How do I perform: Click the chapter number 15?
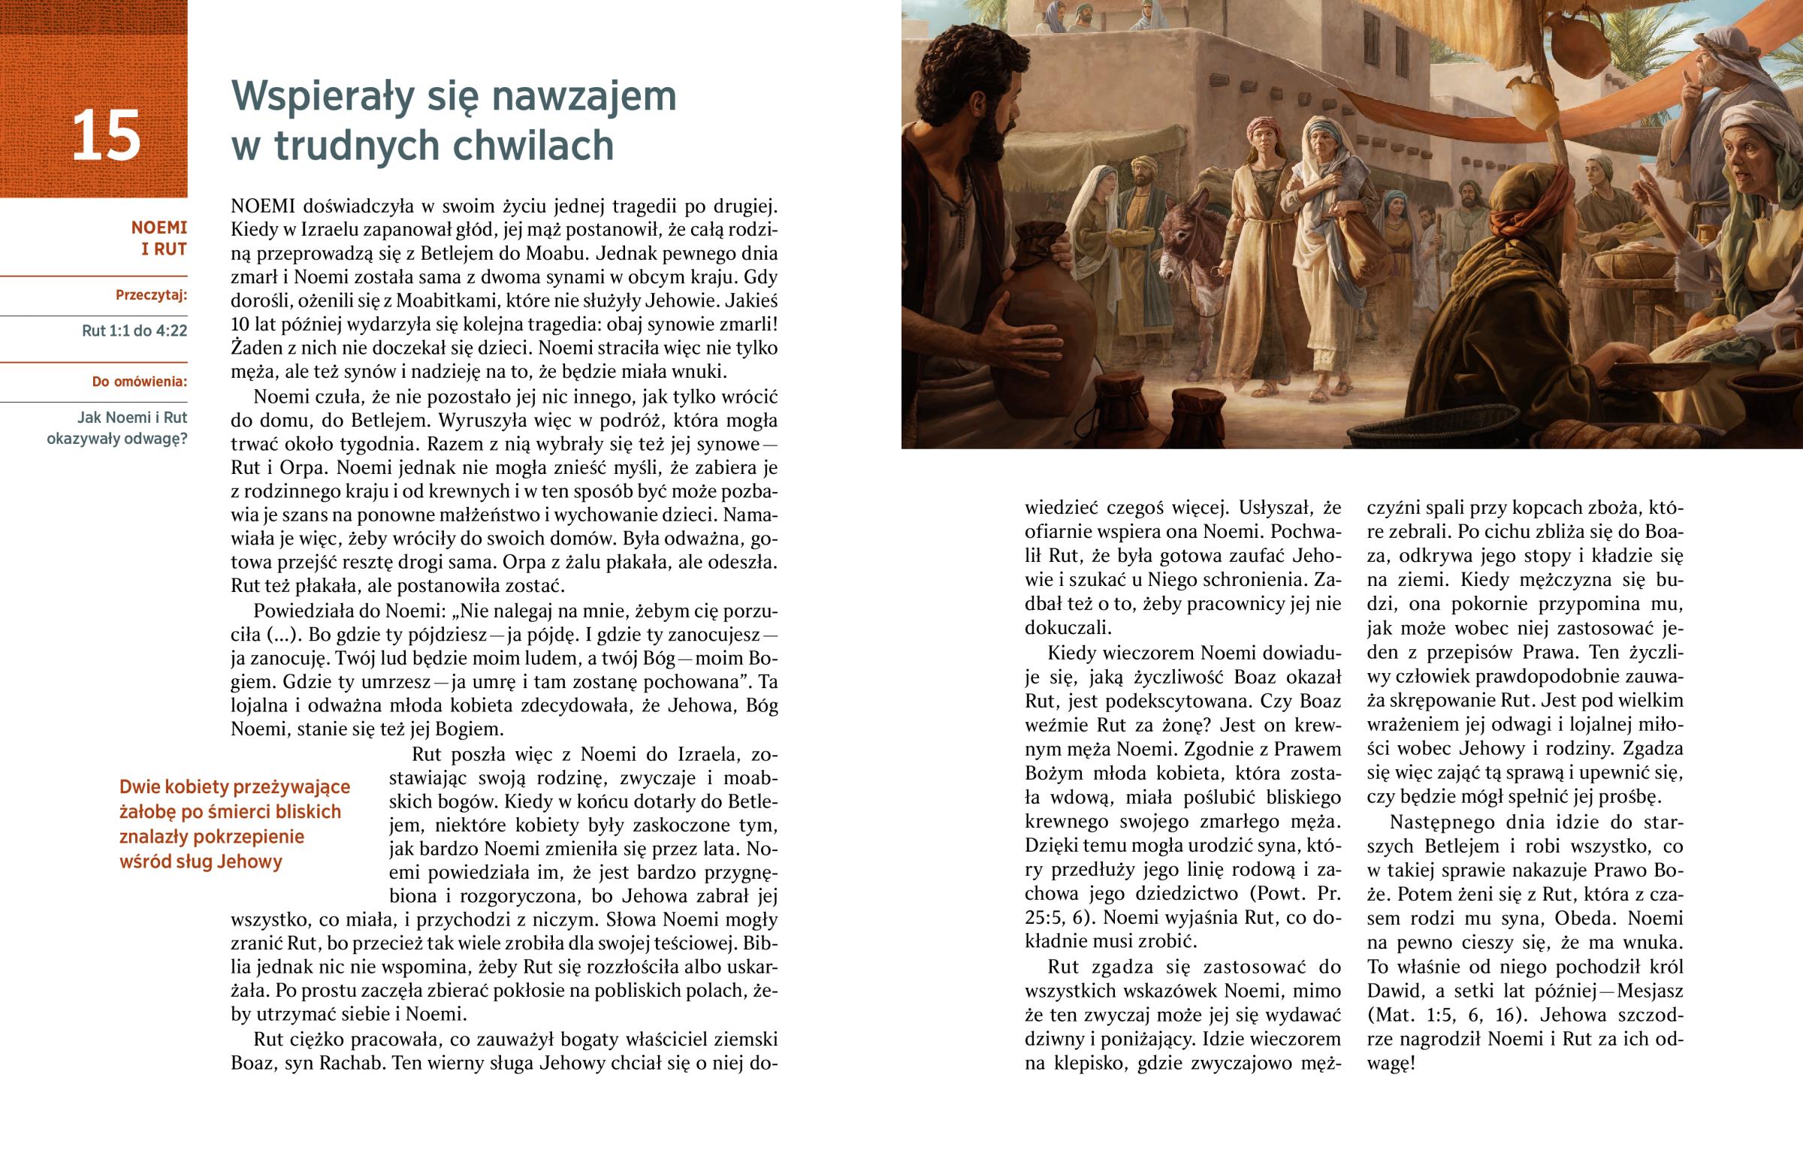pos(106,135)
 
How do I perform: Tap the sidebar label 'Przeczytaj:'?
pos(151,295)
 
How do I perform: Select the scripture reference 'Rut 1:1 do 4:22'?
pos(134,330)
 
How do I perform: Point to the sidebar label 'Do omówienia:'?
pos(139,382)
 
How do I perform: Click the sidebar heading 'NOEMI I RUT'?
pos(159,238)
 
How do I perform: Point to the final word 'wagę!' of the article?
pos(1391,1064)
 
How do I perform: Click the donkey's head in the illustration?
pos(1184,235)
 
